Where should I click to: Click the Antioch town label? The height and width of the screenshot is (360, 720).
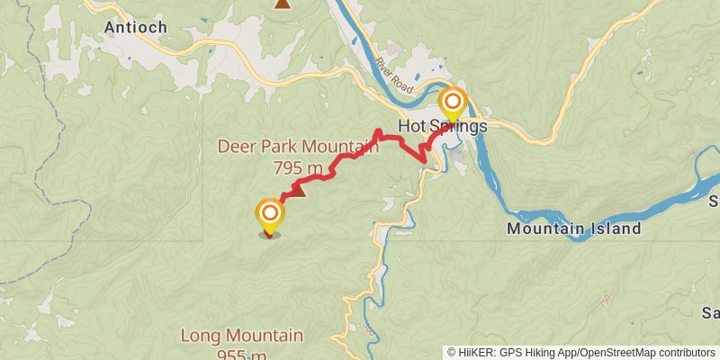click(136, 27)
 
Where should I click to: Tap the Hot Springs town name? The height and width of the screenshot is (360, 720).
click(442, 127)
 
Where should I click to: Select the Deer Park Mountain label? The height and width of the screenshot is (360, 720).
click(298, 147)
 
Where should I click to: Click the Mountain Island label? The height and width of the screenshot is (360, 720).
click(574, 229)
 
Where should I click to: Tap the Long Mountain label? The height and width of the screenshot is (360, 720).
click(242, 337)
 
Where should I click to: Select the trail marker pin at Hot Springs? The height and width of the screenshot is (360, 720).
click(453, 102)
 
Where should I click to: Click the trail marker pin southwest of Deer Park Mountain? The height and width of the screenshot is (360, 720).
click(269, 215)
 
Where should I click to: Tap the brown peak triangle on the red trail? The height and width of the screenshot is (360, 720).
click(299, 190)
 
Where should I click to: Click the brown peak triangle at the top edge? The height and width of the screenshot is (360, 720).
click(283, 4)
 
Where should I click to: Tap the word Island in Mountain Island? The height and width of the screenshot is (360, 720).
click(617, 229)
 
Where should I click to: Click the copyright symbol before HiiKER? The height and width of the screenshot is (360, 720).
click(453, 352)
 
